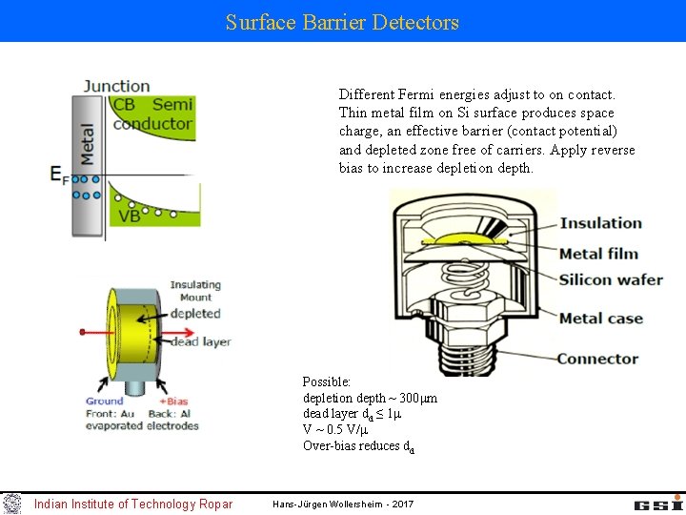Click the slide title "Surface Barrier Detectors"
(x=342, y=22)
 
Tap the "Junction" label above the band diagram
(x=116, y=86)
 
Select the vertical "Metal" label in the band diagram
(x=88, y=144)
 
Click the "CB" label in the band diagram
(x=124, y=105)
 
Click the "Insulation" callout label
(x=600, y=223)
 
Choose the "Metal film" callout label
(x=598, y=254)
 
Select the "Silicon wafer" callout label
(x=611, y=280)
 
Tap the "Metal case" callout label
(x=600, y=319)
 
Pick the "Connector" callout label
(x=597, y=359)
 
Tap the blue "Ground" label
(x=105, y=402)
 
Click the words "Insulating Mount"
(x=195, y=291)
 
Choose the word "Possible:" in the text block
(x=327, y=381)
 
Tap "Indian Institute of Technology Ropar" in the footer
(x=132, y=504)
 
